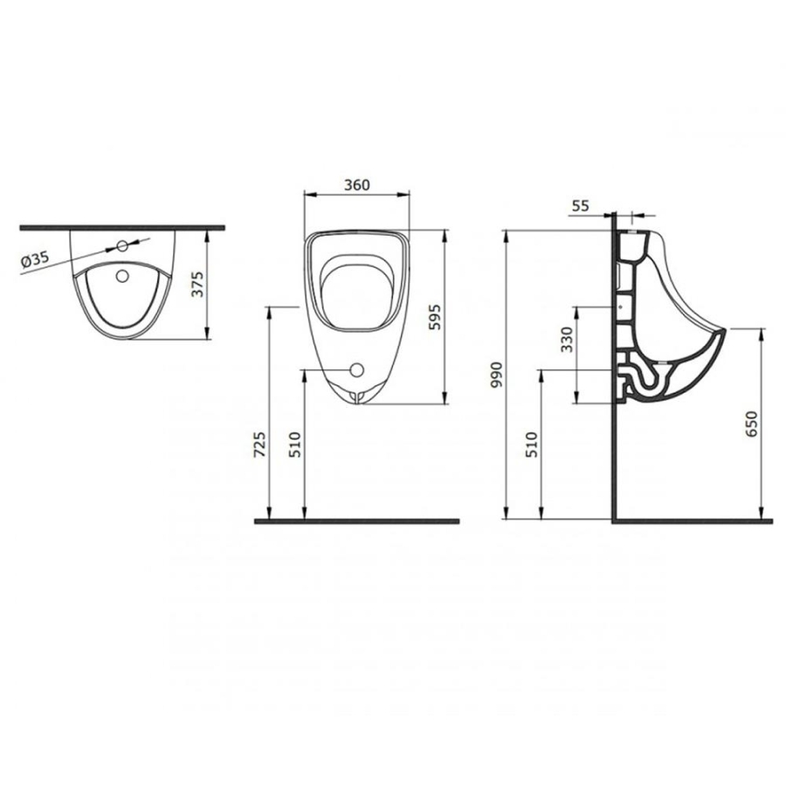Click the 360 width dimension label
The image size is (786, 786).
[x=357, y=185]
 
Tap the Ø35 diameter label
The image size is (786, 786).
[x=35, y=259]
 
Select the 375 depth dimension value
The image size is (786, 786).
[x=198, y=284]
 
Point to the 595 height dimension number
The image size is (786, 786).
[x=435, y=316]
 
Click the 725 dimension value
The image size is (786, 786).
[x=260, y=445]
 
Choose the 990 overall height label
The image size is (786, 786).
[x=496, y=375]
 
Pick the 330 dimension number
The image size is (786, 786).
[x=567, y=340]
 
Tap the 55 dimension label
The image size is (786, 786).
[x=580, y=205]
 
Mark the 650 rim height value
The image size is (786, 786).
[x=751, y=424]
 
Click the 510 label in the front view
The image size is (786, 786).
[x=295, y=445]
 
